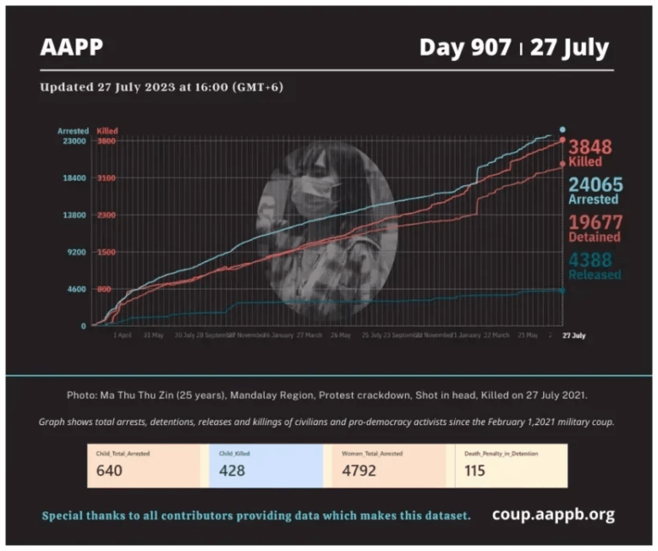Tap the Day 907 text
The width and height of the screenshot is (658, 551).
pos(468,48)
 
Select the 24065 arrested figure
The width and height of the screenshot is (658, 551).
pos(595,184)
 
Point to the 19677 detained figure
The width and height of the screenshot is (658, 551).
pos(595,222)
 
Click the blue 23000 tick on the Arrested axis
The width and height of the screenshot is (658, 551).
pos(76,141)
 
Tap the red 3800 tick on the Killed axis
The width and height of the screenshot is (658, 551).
pos(107,141)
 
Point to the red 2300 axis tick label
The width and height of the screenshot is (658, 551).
pos(107,215)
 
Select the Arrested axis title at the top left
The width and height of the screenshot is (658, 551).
pos(73,130)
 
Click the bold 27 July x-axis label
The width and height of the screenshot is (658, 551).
pos(573,336)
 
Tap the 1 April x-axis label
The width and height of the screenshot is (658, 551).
pos(123,335)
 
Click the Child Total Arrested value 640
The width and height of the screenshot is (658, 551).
pos(110,470)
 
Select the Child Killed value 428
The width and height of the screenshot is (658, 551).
pos(231,470)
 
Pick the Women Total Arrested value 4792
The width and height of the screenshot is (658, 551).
pos(358,470)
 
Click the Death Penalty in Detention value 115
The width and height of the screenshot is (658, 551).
pos(474,470)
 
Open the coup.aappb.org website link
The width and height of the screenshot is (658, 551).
pos(553,515)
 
